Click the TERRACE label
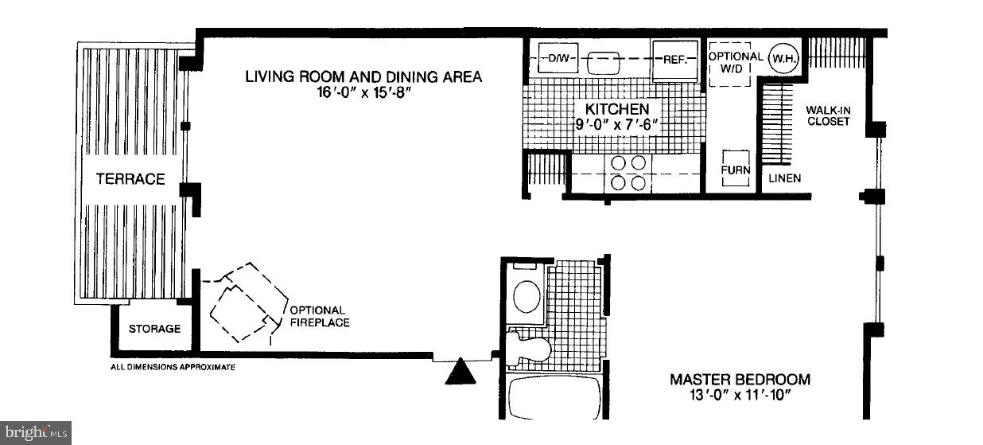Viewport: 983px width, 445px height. click(x=130, y=179)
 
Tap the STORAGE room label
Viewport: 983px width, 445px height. click(x=155, y=329)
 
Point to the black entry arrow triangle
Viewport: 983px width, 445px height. click(x=460, y=373)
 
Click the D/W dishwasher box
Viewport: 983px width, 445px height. click(x=554, y=58)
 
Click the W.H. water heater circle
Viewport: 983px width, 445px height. click(x=783, y=59)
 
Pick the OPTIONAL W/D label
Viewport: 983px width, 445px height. click(x=735, y=63)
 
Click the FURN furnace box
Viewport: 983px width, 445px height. click(x=735, y=169)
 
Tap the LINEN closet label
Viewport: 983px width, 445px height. click(x=784, y=178)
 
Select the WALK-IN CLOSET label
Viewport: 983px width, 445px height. click(x=828, y=115)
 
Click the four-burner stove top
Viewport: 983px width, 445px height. click(x=627, y=172)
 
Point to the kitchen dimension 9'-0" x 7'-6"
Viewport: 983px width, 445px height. click(x=617, y=123)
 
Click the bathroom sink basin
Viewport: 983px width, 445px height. click(x=526, y=296)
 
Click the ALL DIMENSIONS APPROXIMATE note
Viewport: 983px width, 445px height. click(x=173, y=367)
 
